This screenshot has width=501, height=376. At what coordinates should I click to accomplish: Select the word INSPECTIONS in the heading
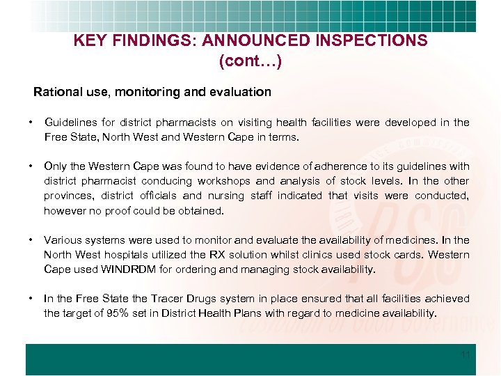[372, 40]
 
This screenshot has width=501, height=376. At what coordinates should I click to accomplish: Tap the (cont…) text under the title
[250, 61]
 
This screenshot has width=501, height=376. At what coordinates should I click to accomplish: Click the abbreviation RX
[269, 255]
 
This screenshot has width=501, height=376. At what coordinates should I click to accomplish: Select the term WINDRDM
[129, 269]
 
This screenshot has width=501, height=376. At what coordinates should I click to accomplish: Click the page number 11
[466, 354]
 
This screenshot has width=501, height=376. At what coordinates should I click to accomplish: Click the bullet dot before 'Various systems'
[31, 240]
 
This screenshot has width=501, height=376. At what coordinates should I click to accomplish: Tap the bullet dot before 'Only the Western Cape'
[31, 166]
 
